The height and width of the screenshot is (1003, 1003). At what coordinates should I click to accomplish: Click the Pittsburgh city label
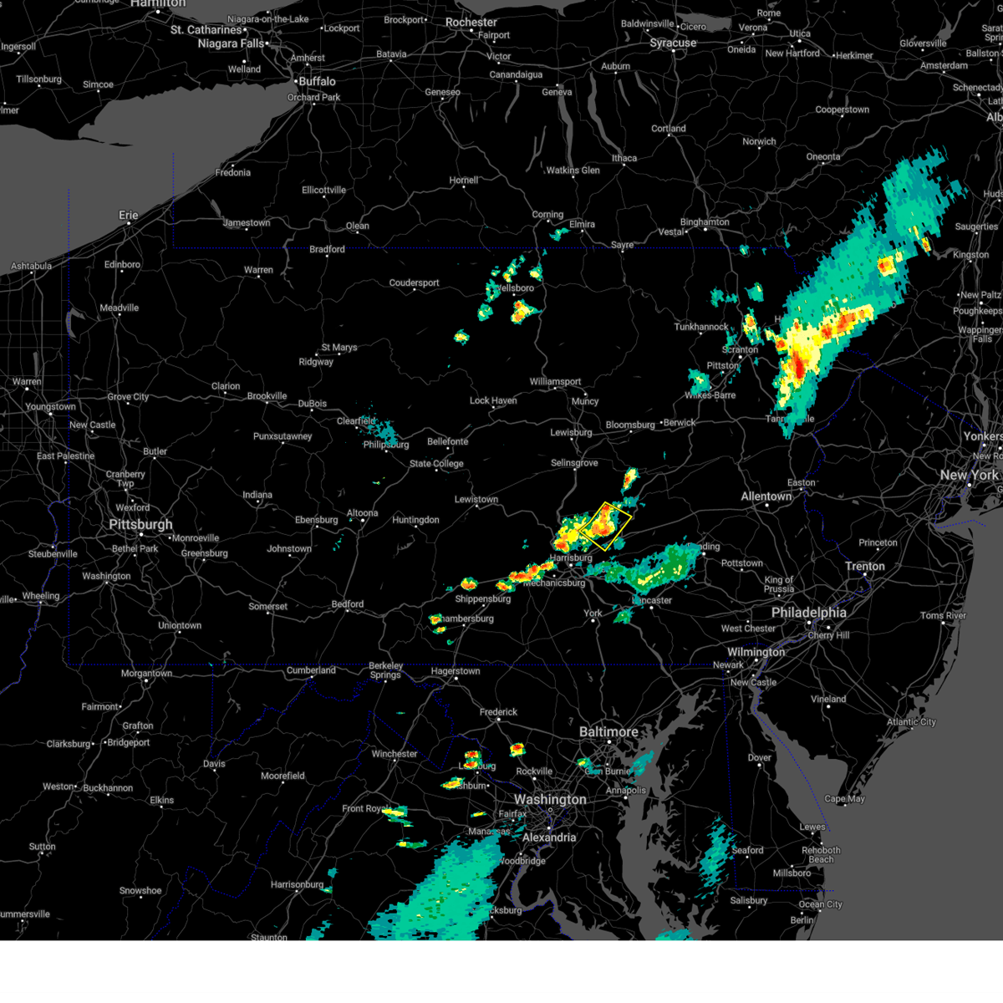[140, 525]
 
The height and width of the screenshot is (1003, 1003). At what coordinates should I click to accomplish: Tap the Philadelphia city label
[808, 613]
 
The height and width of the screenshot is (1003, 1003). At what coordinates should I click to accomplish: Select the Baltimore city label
[608, 732]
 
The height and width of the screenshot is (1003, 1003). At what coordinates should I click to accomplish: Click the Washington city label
[550, 800]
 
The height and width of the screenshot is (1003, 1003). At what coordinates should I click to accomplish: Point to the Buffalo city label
[318, 81]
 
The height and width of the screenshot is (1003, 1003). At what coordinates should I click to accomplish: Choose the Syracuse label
[673, 43]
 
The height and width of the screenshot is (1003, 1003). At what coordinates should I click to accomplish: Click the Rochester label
[471, 23]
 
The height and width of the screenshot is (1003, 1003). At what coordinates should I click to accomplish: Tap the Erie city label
[128, 215]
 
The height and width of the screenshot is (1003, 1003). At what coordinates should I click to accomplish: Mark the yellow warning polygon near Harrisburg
[605, 526]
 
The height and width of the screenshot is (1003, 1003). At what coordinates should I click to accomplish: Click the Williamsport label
[555, 382]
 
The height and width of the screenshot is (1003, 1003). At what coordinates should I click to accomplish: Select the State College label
[436, 464]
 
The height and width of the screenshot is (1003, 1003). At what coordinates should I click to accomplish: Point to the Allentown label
[766, 496]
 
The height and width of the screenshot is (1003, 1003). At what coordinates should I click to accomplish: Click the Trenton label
[864, 567]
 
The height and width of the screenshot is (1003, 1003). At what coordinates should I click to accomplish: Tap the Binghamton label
[705, 222]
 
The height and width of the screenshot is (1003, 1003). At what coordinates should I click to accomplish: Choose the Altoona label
[363, 513]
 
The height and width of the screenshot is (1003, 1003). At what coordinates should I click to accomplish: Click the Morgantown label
[146, 674]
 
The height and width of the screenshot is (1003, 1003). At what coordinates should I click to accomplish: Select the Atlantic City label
[911, 722]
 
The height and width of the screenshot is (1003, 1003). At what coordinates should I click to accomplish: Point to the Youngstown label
[50, 407]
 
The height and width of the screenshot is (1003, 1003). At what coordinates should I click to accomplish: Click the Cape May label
[844, 799]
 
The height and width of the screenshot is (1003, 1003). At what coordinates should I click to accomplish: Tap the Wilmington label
[756, 652]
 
